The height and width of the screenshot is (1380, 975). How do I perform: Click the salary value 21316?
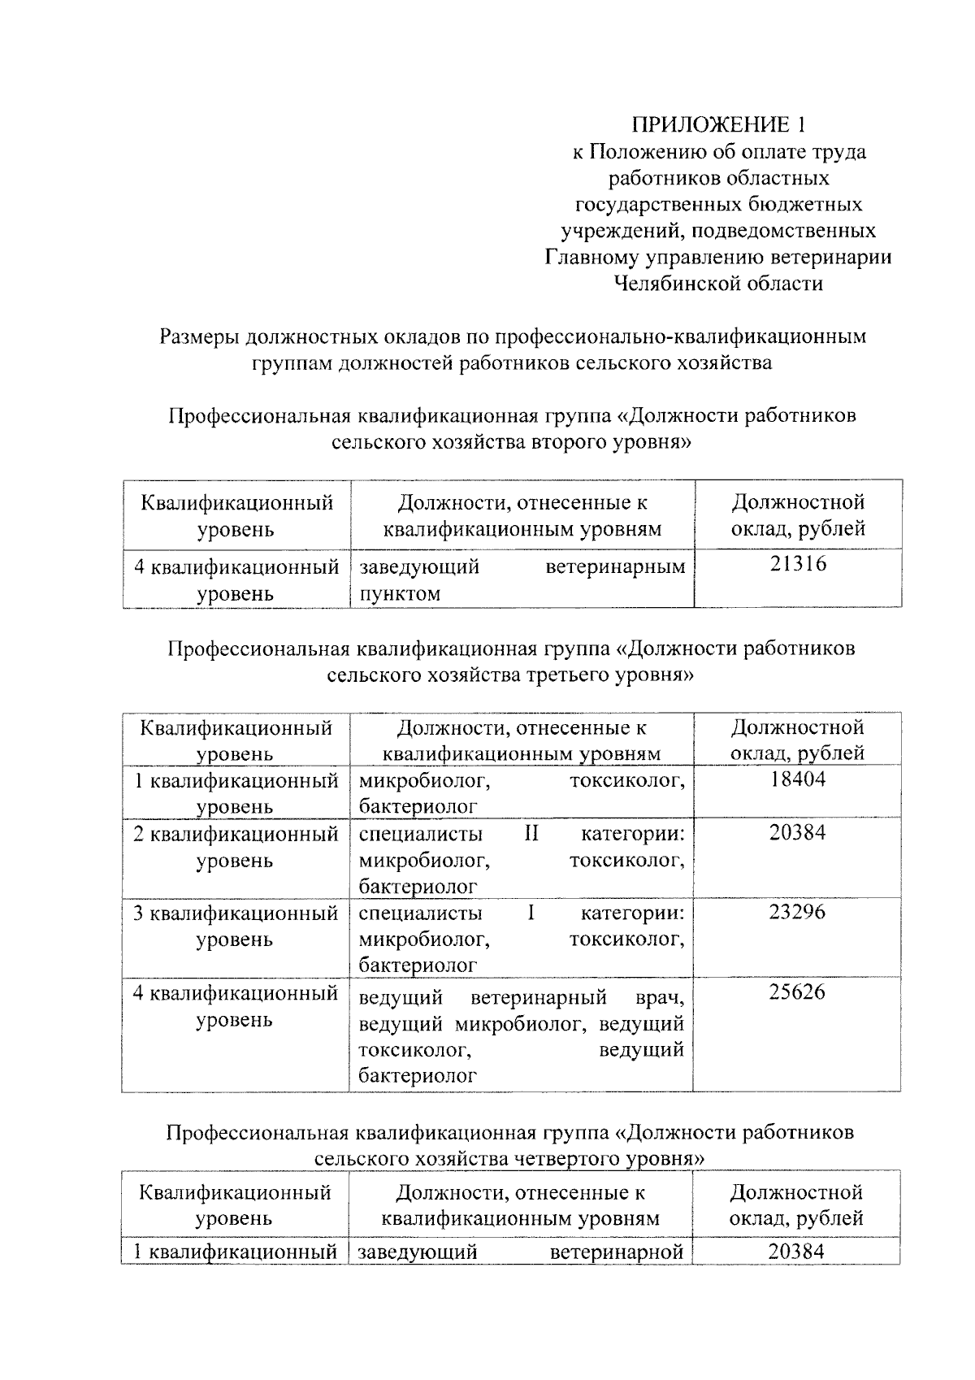(797, 564)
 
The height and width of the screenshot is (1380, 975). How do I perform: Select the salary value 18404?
(797, 779)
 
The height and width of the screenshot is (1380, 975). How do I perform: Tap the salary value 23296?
(797, 912)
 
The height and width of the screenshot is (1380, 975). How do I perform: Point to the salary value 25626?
(797, 992)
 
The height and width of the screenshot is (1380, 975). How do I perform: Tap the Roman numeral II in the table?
(531, 834)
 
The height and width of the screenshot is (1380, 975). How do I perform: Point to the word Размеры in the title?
(200, 336)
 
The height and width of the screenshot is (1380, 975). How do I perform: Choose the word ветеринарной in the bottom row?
(617, 1252)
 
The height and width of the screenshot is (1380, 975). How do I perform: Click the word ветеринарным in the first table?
(615, 566)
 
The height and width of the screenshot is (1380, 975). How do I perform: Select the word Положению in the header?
(646, 152)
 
